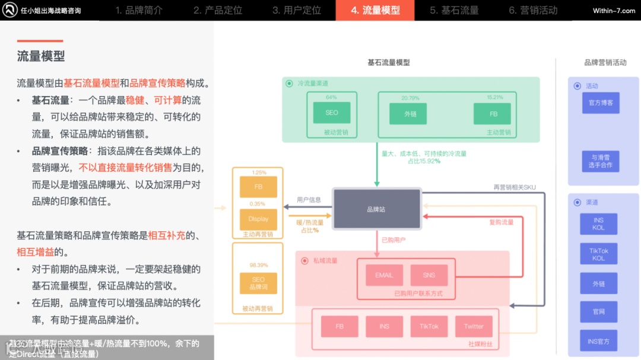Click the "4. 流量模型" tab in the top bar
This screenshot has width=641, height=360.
coord(375,10)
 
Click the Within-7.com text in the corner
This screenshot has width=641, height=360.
coord(614,11)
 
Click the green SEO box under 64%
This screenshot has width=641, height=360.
coord(332,113)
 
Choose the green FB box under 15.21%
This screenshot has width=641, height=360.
coord(493,114)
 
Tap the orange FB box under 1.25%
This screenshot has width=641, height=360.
coord(258,187)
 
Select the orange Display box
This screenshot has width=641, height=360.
coord(258,219)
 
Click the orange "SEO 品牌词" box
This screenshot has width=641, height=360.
coord(258,283)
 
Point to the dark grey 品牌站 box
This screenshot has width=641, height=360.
coord(376,209)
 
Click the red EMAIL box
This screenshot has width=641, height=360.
coord(384,275)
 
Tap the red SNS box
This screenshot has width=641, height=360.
coord(429,275)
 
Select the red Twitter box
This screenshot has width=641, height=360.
coord(474,326)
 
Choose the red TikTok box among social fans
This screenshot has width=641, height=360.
coord(429,326)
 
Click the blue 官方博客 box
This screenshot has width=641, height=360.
coord(600,103)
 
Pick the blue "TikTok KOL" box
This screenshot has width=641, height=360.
coord(599,254)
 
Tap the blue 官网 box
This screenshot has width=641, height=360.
coord(599,311)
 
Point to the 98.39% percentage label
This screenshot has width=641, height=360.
coord(258,265)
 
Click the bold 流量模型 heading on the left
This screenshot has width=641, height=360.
coord(41,56)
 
